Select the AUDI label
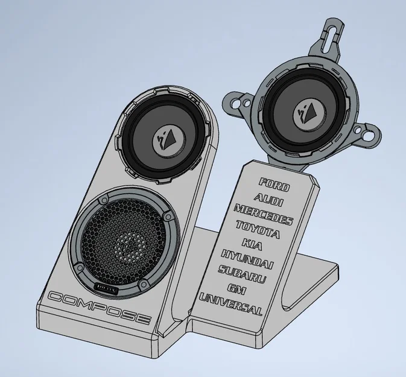(x=268, y=197)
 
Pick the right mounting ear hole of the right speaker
(x=367, y=137)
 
